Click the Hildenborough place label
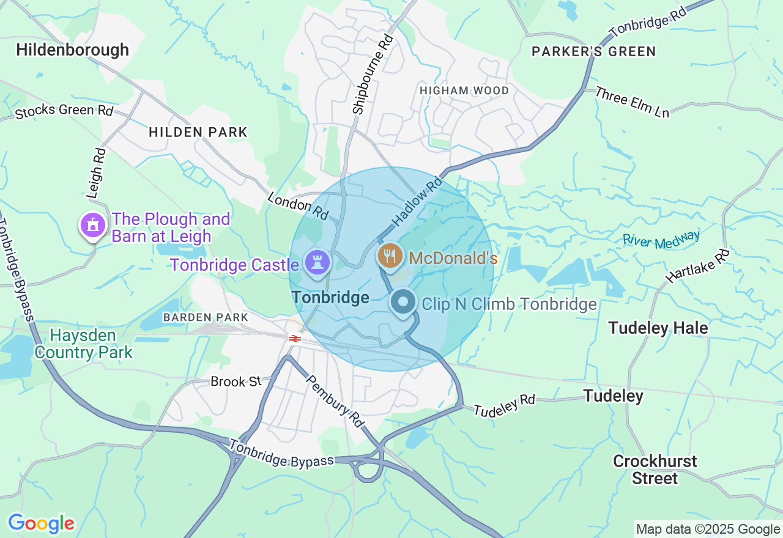click(x=73, y=50)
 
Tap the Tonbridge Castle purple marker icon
click(x=317, y=262)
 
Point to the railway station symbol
click(x=295, y=338)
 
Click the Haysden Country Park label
click(x=83, y=344)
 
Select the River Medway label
click(x=661, y=239)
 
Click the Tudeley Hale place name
click(x=658, y=328)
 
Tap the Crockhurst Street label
click(x=655, y=470)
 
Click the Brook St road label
click(x=236, y=381)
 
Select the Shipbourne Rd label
click(x=373, y=74)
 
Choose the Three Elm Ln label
click(x=632, y=102)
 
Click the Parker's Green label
click(x=593, y=52)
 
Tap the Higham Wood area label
click(x=464, y=90)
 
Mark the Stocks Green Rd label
click(x=64, y=111)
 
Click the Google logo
click(x=41, y=523)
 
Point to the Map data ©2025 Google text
click(x=708, y=529)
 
